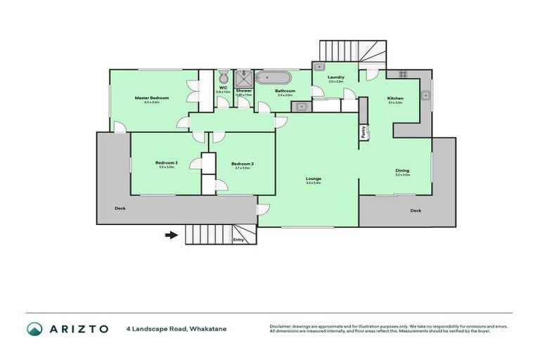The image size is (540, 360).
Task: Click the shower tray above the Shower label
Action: point(244,76)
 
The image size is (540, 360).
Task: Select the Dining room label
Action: point(401,170)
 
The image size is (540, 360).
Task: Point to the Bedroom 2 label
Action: point(167,163)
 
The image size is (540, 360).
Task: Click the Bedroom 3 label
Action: point(242,164)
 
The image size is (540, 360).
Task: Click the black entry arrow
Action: point(171,235)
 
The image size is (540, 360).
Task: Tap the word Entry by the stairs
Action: point(238,240)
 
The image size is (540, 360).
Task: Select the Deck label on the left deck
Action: point(121,208)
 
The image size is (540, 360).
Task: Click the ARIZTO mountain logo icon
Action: point(34,328)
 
